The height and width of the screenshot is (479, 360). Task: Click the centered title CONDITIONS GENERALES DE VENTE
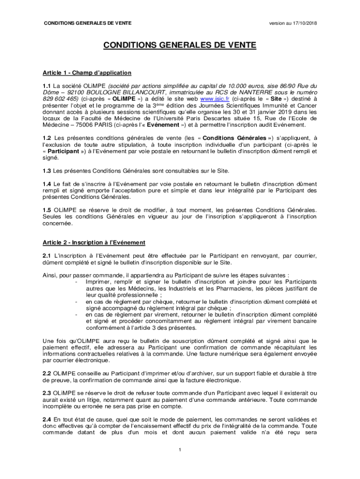[x=180, y=45]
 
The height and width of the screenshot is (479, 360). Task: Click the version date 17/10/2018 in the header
[x=302, y=23]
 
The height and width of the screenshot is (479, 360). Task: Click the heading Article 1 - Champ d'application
[x=87, y=73]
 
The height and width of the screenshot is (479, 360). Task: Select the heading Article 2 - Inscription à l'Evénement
[x=94, y=242]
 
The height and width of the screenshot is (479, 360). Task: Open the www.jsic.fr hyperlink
[x=215, y=99]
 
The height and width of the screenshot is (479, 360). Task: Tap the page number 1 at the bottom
[x=180, y=450]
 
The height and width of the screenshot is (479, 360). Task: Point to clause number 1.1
[x=47, y=86]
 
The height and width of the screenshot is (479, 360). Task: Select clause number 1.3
[x=47, y=171]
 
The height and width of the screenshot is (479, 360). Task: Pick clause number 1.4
[x=47, y=184]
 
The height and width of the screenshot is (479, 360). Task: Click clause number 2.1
[x=47, y=255]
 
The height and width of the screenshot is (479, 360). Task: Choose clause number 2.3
[x=47, y=394]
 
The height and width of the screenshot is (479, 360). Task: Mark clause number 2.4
[x=47, y=420]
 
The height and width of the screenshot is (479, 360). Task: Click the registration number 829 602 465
[x=60, y=99]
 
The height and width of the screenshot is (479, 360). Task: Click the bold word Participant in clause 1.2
[x=63, y=152]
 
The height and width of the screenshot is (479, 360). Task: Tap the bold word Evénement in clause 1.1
[x=166, y=125]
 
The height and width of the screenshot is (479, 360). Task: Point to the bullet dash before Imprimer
[x=76, y=282]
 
